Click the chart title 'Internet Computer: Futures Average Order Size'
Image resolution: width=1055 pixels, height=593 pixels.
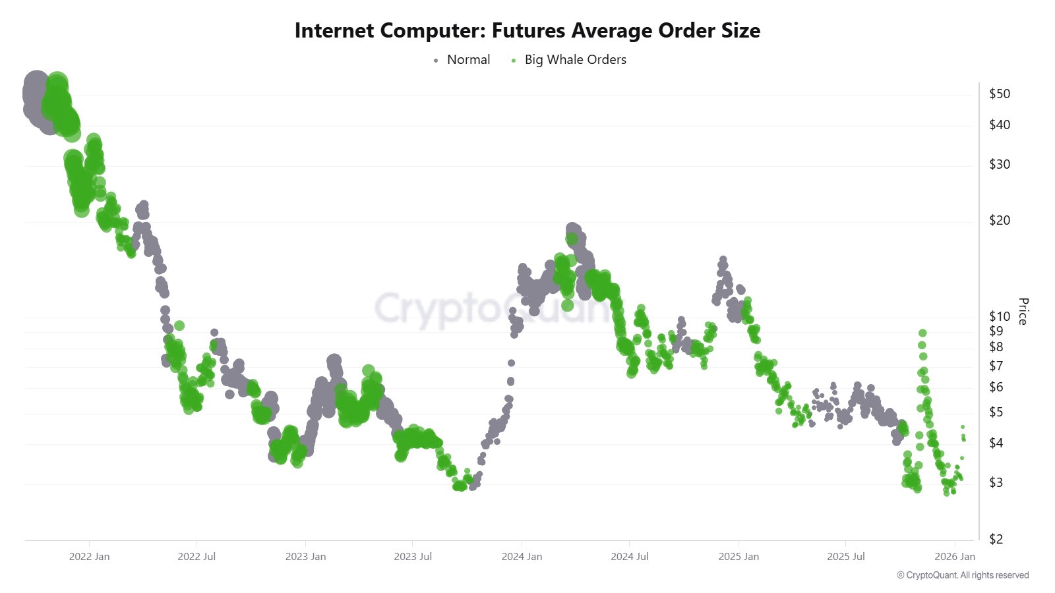coord(527,30)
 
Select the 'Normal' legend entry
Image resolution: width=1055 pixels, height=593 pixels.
coord(468,59)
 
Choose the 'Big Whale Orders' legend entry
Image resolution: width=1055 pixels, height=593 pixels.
coord(575,59)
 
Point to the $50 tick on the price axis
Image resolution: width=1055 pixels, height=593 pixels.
coord(1000,94)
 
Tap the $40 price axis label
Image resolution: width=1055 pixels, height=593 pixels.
coord(1000,125)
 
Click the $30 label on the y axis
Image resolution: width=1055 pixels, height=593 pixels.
coord(1000,164)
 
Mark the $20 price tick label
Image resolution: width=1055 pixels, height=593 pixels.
coord(1000,220)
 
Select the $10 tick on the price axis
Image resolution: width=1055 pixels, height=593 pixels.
coord(1000,316)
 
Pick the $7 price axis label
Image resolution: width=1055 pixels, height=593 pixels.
coord(996,366)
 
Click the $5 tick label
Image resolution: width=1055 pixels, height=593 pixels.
coord(996,412)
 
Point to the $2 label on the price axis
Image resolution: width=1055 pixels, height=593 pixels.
coord(996,539)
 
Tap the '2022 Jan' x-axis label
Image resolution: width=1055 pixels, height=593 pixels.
coord(89,557)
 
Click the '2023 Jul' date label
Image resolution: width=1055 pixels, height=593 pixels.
coord(413,557)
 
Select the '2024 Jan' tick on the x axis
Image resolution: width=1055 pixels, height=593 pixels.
coord(522,557)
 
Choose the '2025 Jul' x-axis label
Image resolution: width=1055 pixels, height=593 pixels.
coord(846,557)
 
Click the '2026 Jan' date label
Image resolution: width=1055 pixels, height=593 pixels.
coord(955,557)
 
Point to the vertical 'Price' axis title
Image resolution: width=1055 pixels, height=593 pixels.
coord(1023,311)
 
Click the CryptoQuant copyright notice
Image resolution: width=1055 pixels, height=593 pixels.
coord(963,575)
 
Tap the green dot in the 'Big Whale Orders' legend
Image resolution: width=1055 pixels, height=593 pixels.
coord(514,61)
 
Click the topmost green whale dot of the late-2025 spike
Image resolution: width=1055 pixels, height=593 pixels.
coord(922,333)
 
